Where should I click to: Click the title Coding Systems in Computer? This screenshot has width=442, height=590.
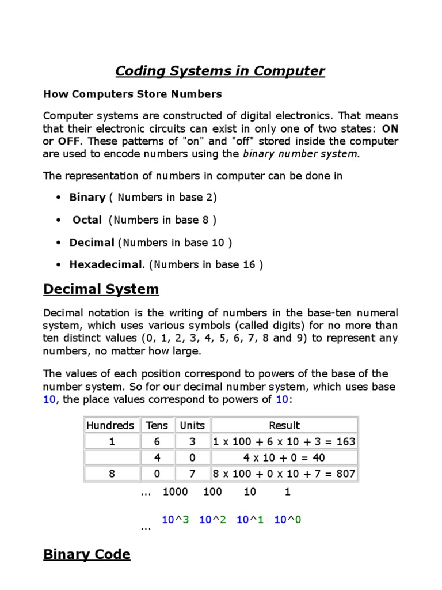pyautogui.click(x=220, y=71)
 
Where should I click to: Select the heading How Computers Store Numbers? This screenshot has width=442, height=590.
pyautogui.click(x=132, y=94)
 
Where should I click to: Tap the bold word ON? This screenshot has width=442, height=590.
pyautogui.click(x=390, y=129)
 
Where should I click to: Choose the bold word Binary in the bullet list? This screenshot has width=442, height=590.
pyautogui.click(x=87, y=198)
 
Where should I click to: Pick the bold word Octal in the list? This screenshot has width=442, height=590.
pyautogui.click(x=87, y=220)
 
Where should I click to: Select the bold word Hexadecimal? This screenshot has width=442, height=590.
pyautogui.click(x=105, y=265)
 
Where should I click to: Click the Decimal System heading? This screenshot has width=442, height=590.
pyautogui.click(x=101, y=289)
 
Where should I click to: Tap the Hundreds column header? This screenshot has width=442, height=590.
pyautogui.click(x=110, y=426)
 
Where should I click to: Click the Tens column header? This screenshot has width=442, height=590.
pyautogui.click(x=157, y=426)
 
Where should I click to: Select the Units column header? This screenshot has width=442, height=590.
pyautogui.click(x=192, y=426)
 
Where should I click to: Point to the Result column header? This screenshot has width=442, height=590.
pyautogui.click(x=284, y=426)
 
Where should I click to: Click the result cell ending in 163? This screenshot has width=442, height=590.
pyautogui.click(x=284, y=442)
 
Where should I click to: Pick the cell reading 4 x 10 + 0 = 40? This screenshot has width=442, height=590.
pyautogui.click(x=284, y=458)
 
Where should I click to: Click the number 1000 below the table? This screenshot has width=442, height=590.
pyautogui.click(x=176, y=493)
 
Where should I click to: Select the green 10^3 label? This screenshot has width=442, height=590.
pyautogui.click(x=176, y=520)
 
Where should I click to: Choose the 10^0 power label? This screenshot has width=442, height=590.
pyautogui.click(x=288, y=520)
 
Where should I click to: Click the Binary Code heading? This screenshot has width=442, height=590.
pyautogui.click(x=87, y=555)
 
